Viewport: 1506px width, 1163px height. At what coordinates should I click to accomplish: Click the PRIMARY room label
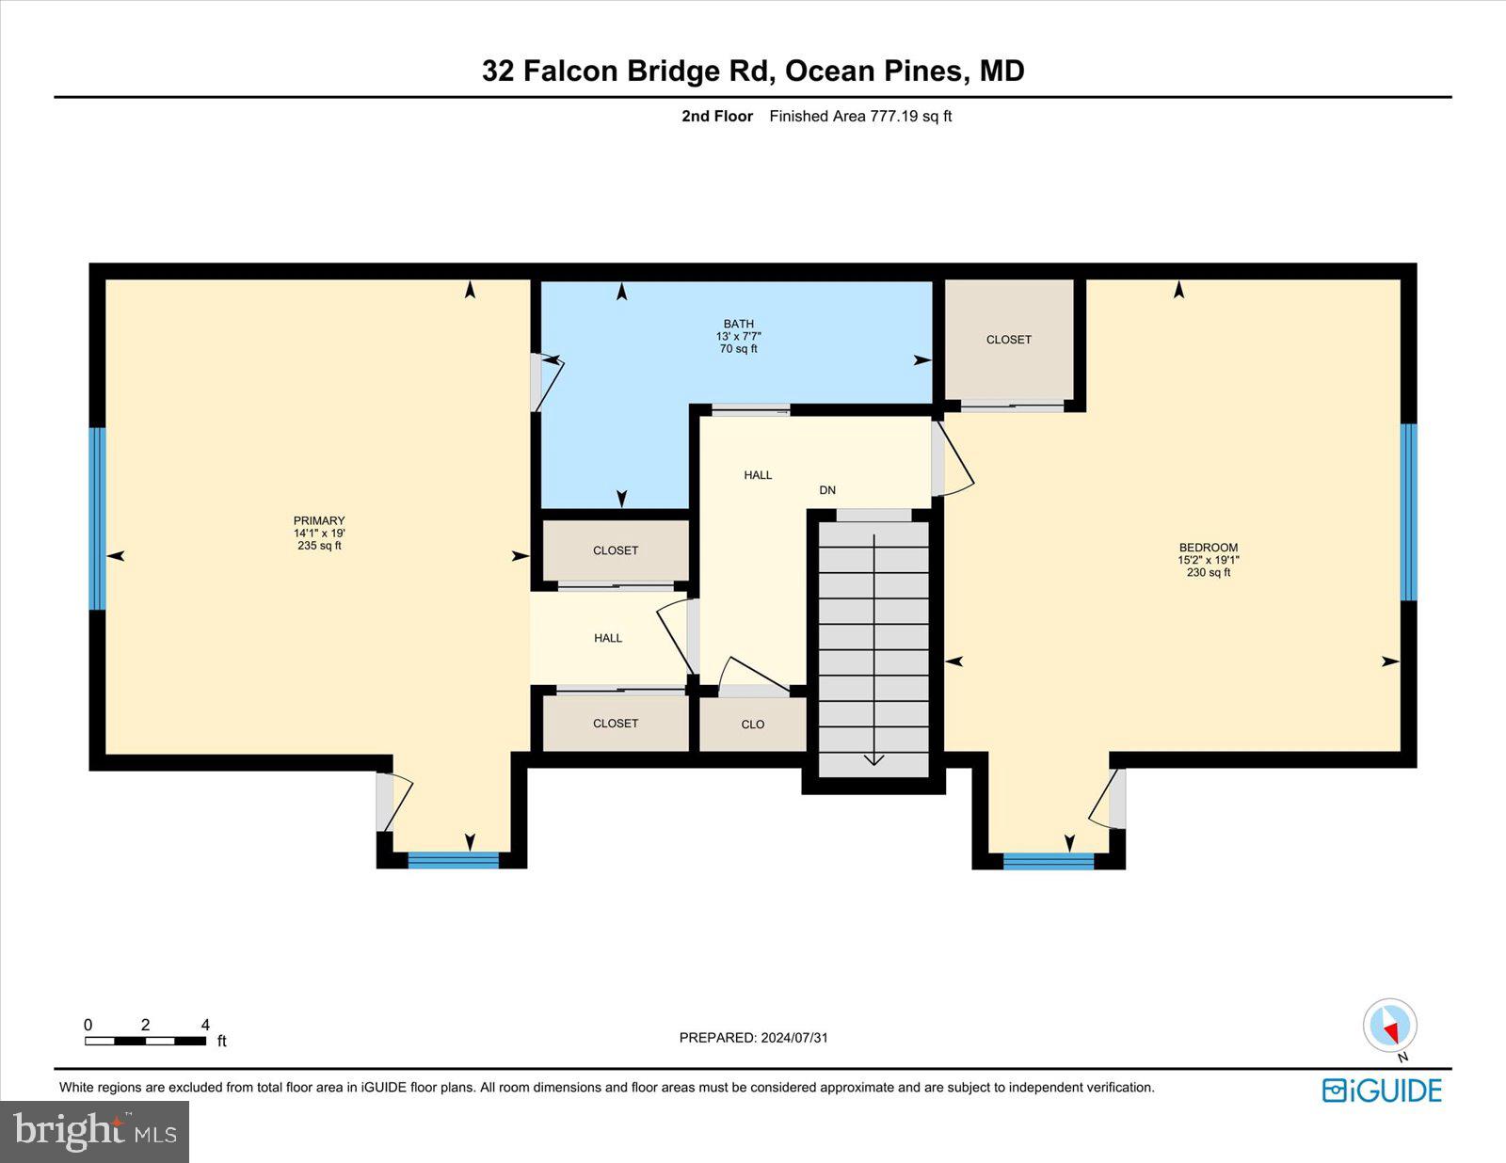(319, 521)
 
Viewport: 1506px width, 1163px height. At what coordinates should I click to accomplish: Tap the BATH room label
(738, 325)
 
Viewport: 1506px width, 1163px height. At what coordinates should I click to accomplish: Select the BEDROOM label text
(1208, 548)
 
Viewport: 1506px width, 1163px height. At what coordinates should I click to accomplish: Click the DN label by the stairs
(827, 490)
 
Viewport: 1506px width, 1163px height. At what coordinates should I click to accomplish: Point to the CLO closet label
(753, 725)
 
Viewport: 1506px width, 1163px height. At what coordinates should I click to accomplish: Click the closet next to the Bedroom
(1009, 340)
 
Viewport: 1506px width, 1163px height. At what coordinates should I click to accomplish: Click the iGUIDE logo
(1382, 1091)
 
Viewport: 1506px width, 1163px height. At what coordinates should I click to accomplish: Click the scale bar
(145, 1041)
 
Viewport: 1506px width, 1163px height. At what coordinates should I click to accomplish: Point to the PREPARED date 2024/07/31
(753, 1038)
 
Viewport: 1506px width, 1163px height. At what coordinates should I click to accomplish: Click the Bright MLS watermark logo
(94, 1131)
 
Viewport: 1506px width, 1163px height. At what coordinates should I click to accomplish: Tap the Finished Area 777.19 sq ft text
(860, 117)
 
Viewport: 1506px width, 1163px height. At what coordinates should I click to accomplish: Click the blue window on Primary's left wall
(97, 518)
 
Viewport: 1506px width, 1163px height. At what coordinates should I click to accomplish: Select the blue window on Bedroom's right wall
(1408, 512)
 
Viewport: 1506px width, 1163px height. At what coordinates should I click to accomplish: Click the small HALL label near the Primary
(608, 638)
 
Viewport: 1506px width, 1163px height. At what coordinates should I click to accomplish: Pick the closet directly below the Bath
(616, 550)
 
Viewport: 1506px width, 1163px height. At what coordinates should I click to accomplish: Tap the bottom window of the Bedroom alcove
(1049, 860)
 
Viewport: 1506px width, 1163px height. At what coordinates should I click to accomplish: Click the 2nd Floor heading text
(717, 117)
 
